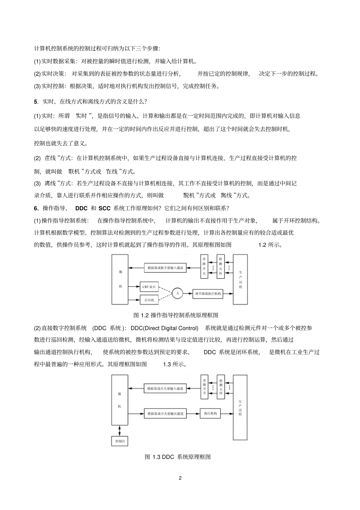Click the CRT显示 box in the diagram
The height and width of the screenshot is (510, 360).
149,287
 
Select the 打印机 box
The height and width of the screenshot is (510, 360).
149,300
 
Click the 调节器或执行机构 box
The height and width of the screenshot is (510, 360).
208,293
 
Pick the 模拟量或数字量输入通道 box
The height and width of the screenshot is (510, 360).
165,268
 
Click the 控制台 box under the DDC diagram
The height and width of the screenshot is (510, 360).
120,441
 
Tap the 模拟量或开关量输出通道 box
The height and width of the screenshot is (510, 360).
165,413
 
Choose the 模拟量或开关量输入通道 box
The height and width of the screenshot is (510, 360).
165,388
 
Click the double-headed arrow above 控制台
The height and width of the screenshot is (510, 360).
120,430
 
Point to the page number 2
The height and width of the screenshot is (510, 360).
180,478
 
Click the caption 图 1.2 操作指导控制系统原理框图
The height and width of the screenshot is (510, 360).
176,315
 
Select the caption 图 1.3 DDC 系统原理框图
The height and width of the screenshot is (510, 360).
178,457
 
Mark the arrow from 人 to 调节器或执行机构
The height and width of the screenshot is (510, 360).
188,293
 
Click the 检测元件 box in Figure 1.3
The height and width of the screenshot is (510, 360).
221,386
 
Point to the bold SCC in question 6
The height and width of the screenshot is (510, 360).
104,208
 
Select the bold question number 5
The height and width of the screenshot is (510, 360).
36,102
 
